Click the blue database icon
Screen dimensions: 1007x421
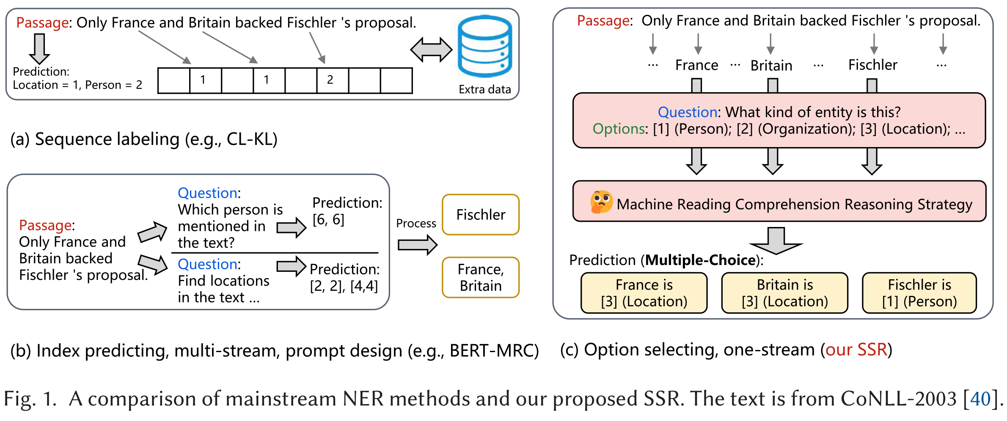coord(485,46)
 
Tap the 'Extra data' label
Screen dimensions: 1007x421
coord(485,90)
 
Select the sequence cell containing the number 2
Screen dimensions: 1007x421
coord(333,80)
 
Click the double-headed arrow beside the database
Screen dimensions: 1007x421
coord(431,50)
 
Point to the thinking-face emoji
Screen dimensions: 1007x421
coord(601,202)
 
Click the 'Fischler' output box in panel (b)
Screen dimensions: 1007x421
coord(481,215)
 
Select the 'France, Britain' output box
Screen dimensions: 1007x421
coord(481,278)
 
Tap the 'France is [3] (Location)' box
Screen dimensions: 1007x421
coord(644,293)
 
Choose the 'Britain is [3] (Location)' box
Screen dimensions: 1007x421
coord(785,293)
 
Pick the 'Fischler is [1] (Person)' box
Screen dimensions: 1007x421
coord(919,293)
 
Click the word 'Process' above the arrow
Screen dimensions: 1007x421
coord(416,223)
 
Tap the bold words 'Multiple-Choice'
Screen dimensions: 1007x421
coord(701,260)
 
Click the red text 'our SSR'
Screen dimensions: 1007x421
coord(856,350)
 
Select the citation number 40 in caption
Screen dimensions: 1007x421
coord(981,399)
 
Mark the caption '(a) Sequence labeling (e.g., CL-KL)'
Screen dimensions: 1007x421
coord(144,139)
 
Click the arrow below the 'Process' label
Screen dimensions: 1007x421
coord(418,245)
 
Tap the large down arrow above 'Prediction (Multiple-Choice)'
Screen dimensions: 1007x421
coord(776,241)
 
